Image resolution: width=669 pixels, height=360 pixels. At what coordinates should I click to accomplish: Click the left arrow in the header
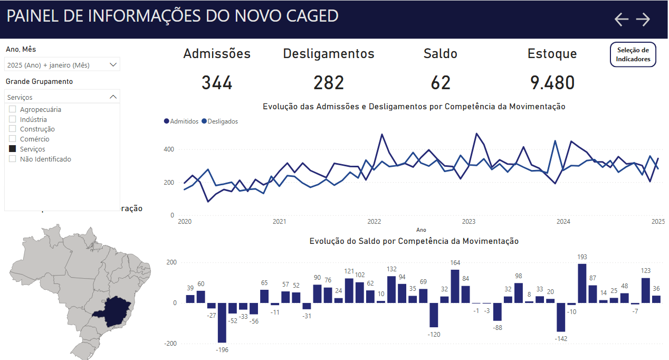point(622,20)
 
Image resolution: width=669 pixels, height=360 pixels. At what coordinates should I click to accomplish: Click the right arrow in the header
point(643,20)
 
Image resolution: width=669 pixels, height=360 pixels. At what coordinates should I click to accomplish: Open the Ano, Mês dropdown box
point(63,65)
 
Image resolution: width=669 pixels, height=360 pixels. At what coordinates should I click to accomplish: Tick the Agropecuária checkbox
point(13,109)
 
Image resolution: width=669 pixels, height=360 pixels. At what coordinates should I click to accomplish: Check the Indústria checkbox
point(13,119)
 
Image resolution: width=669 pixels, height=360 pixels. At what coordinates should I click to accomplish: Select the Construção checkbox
point(13,129)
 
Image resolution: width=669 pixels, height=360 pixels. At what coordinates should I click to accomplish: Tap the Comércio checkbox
point(13,139)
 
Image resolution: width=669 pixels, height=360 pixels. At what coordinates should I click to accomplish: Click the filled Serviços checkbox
point(13,149)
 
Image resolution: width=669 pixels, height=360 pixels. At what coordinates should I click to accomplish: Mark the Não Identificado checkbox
point(13,159)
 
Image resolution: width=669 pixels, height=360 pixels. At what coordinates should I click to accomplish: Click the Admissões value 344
point(217,83)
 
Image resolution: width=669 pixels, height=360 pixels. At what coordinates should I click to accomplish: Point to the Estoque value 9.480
point(552,83)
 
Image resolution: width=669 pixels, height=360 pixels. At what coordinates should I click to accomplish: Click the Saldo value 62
point(441,83)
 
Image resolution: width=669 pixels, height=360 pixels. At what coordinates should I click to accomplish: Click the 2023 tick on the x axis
point(469,222)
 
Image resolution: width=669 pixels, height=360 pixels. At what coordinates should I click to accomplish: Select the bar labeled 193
point(582,283)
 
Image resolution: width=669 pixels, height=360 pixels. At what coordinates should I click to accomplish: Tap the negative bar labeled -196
point(222,323)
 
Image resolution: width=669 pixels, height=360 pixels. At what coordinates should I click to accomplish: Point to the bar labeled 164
point(455,286)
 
